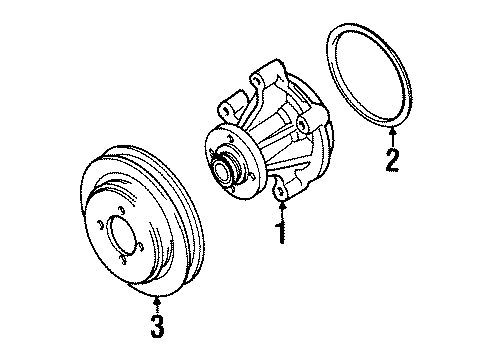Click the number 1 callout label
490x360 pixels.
pyautogui.click(x=282, y=233)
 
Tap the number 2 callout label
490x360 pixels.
pyautogui.click(x=392, y=160)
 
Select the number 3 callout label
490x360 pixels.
pyautogui.click(x=157, y=326)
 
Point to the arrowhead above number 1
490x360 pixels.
pyautogui.click(x=282, y=204)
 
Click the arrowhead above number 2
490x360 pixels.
pyautogui.click(x=393, y=130)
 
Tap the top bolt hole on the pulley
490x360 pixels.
pyautogui.click(x=122, y=210)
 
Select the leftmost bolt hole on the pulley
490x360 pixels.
pyautogui.click(x=99, y=225)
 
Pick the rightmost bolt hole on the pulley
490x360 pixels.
pyautogui.click(x=141, y=247)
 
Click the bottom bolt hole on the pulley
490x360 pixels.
pyautogui.click(x=123, y=259)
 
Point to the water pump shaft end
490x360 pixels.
pyautogui.click(x=222, y=171)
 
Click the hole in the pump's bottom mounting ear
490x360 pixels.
pyautogui.click(x=281, y=191)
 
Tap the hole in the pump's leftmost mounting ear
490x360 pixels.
pyautogui.click(x=226, y=109)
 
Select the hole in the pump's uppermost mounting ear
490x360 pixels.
pyautogui.click(x=256, y=80)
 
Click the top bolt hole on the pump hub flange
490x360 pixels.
pyautogui.click(x=231, y=139)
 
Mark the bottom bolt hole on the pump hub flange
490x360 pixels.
pyautogui.click(x=232, y=190)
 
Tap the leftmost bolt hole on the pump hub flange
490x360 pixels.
pyautogui.click(x=212, y=153)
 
